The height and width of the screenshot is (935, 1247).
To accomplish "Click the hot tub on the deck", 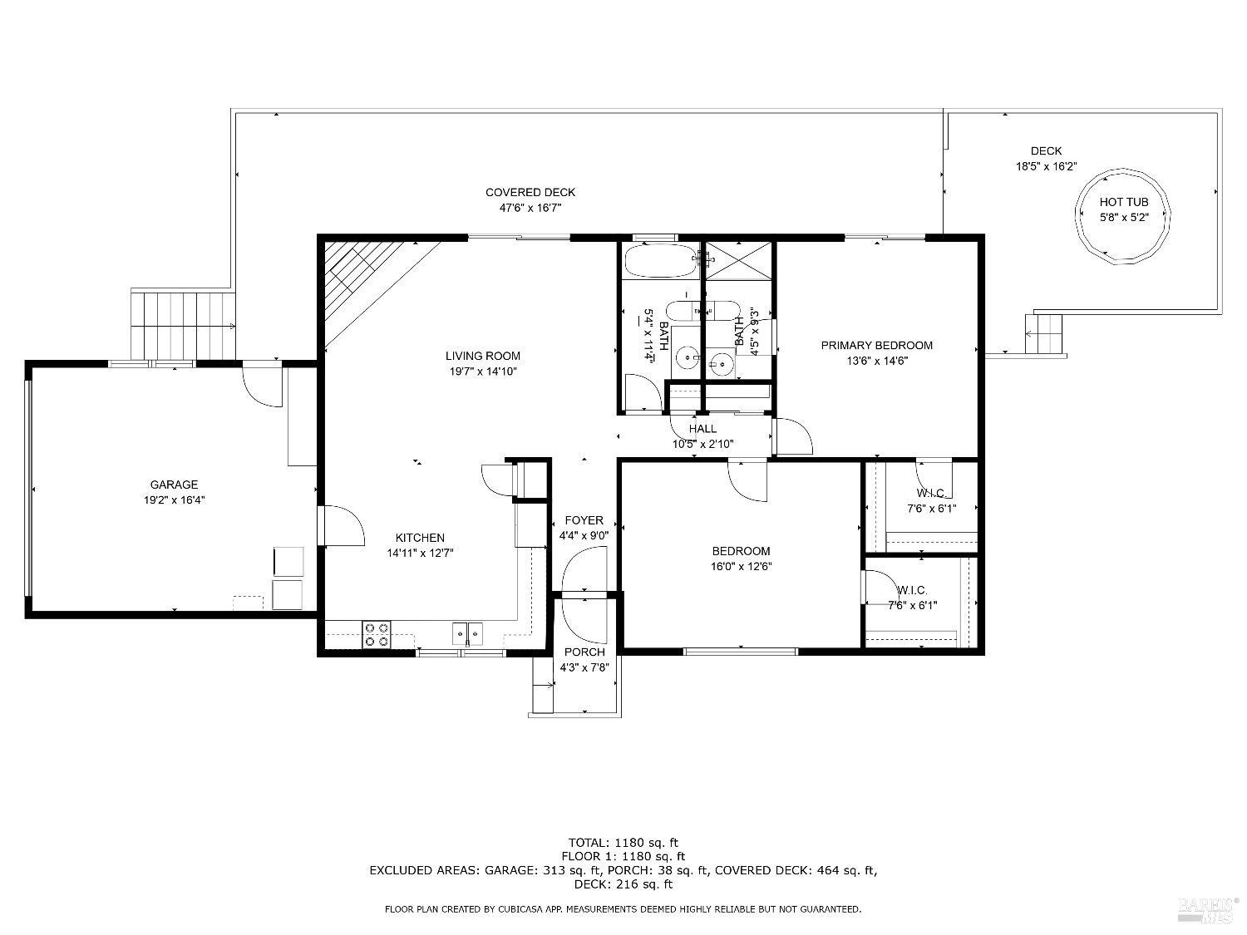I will pyautogui.click(x=1124, y=217).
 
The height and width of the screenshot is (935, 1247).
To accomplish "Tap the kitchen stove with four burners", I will pyautogui.click(x=377, y=635).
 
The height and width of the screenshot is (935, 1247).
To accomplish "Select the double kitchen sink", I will pyautogui.click(x=468, y=634).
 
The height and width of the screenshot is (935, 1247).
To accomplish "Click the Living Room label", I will pyautogui.click(x=482, y=356).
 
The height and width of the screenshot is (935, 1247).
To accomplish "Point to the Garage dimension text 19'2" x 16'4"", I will pyautogui.click(x=174, y=500).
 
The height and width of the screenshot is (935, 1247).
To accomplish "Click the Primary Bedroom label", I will pyautogui.click(x=876, y=345).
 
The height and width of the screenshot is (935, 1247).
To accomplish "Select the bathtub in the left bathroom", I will pyautogui.click(x=659, y=260).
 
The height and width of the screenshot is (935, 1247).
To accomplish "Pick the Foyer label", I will pyautogui.click(x=584, y=520).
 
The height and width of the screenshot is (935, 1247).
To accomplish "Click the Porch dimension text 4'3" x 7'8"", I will pyautogui.click(x=585, y=667).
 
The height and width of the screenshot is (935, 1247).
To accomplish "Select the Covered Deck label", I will pyautogui.click(x=530, y=193).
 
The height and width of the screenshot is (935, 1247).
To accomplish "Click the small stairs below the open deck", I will pyautogui.click(x=1046, y=334).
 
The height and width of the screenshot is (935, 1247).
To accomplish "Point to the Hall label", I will pyautogui.click(x=702, y=429).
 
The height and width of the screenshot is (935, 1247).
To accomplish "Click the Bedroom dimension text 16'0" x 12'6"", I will pyautogui.click(x=741, y=566).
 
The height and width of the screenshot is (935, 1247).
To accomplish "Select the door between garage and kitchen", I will pyautogui.click(x=342, y=525).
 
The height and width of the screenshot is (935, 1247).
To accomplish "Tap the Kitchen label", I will pyautogui.click(x=420, y=538).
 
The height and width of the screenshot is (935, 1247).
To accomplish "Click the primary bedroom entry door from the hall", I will pyautogui.click(x=792, y=436).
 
